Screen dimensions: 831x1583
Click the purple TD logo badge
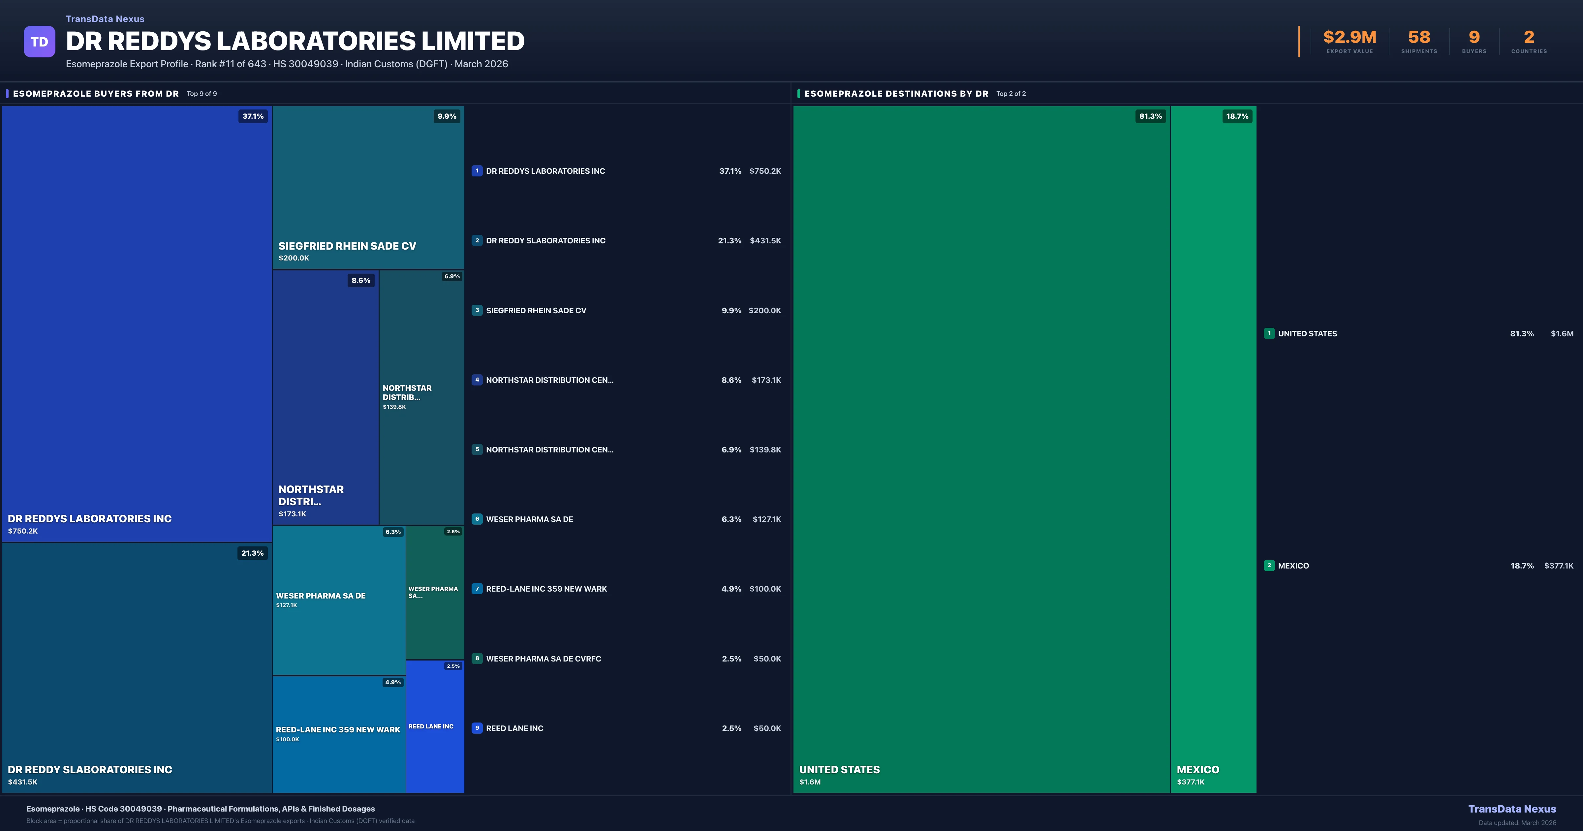pyautogui.click(x=39, y=42)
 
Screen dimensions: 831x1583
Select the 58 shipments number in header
pyautogui.click(x=1418, y=38)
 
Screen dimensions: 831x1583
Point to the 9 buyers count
pyautogui.click(x=1474, y=38)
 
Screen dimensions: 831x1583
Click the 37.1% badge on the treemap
pyautogui.click(x=253, y=116)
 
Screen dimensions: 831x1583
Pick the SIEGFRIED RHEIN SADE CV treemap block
pyautogui.click(x=368, y=187)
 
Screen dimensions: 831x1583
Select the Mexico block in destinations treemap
pyautogui.click(x=1213, y=449)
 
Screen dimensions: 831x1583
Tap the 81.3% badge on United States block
pyautogui.click(x=1150, y=116)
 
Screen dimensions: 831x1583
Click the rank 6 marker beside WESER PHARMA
pyautogui.click(x=477, y=519)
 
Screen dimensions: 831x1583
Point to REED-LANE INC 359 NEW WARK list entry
pyautogui.click(x=546, y=589)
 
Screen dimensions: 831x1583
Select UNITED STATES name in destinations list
pyautogui.click(x=1307, y=334)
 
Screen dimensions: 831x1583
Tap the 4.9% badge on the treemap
pyautogui.click(x=393, y=682)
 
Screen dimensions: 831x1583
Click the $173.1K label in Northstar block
pyautogui.click(x=293, y=514)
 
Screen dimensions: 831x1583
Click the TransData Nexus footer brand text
pyautogui.click(x=1512, y=809)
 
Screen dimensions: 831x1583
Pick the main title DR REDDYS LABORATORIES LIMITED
pyautogui.click(x=295, y=41)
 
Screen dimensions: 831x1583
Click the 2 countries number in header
pyautogui.click(x=1528, y=38)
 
